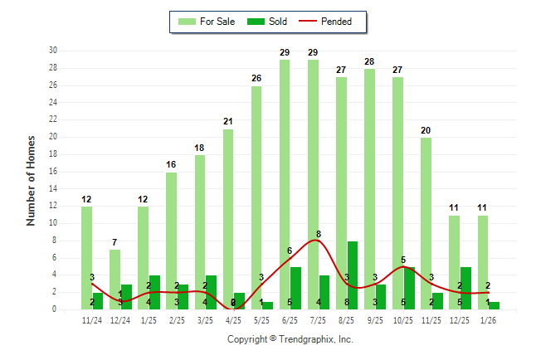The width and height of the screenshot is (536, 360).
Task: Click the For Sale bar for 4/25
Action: (228, 219)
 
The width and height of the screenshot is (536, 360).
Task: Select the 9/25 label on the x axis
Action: (375, 320)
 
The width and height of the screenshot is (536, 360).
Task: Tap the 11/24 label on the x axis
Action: (92, 320)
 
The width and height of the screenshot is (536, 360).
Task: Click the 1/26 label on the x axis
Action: (489, 320)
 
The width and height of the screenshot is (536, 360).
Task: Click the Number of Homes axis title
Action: (31, 180)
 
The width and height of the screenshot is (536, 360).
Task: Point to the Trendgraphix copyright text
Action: (290, 339)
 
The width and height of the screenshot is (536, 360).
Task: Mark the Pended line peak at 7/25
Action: (319, 241)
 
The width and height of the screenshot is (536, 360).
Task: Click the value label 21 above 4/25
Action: (228, 121)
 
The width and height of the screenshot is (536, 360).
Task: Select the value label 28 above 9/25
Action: (370, 61)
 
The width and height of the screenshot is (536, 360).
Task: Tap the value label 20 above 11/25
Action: (426, 130)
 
